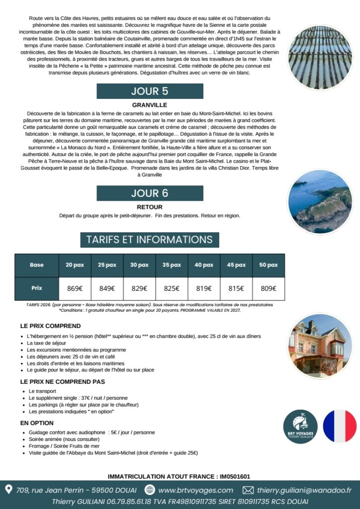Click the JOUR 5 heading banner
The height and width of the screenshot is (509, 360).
pos(150,91)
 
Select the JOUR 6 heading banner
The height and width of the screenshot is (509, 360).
pos(150,193)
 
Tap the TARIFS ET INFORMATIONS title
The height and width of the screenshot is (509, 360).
pos(149,239)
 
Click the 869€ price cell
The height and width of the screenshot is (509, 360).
pos(75,288)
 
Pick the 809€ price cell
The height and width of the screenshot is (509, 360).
pos(269,288)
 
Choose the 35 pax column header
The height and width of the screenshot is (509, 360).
pos(172,265)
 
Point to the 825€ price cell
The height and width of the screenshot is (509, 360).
pos(172,288)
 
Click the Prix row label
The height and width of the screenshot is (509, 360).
pos(37,288)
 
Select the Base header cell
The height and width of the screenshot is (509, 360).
pos(37,265)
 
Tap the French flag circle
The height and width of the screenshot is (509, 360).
pos(340,426)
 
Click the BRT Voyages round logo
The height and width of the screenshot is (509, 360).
pos(300,426)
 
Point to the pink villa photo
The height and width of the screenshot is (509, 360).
pos(320,345)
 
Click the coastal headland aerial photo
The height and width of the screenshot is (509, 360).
pos(320,202)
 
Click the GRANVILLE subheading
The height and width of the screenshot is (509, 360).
pos(149,105)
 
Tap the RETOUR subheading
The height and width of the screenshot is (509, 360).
pos(149,207)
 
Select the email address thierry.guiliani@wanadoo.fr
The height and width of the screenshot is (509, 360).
pos(304,490)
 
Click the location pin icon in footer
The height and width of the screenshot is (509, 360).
pos(8,490)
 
